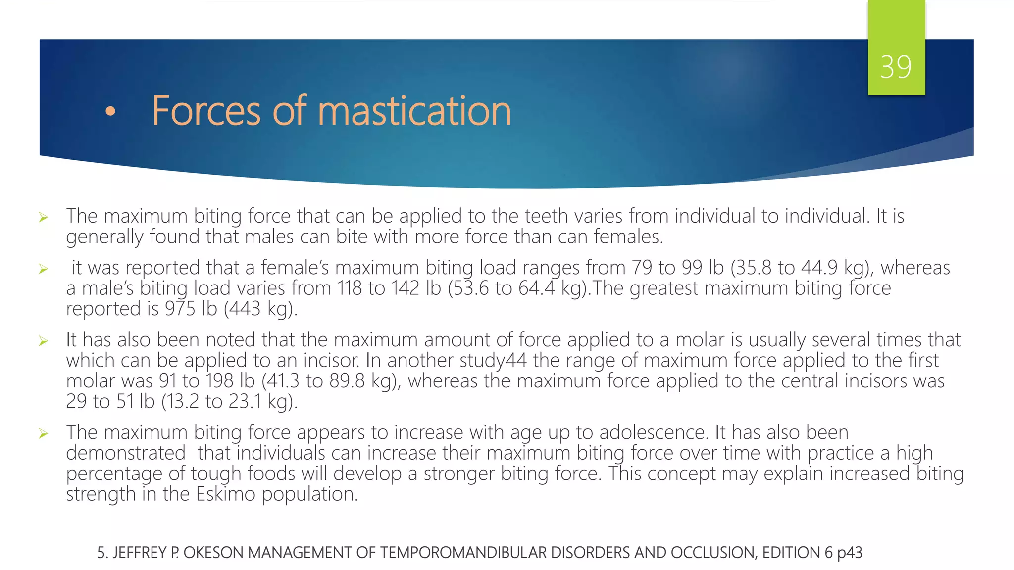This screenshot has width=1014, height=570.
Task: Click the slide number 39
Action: point(896,67)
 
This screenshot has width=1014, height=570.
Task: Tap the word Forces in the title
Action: point(206,111)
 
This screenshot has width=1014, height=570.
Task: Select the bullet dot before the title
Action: point(110,112)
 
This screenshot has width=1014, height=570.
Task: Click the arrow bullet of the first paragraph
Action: point(44,217)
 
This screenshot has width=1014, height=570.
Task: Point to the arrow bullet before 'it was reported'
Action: point(44,269)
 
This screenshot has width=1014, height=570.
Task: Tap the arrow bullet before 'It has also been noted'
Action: point(44,341)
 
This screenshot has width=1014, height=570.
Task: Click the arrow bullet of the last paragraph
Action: point(44,434)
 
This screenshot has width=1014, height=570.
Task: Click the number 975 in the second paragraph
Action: point(180,309)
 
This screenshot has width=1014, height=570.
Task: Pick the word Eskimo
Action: point(225,494)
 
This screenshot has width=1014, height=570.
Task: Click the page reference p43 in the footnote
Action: point(850,553)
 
